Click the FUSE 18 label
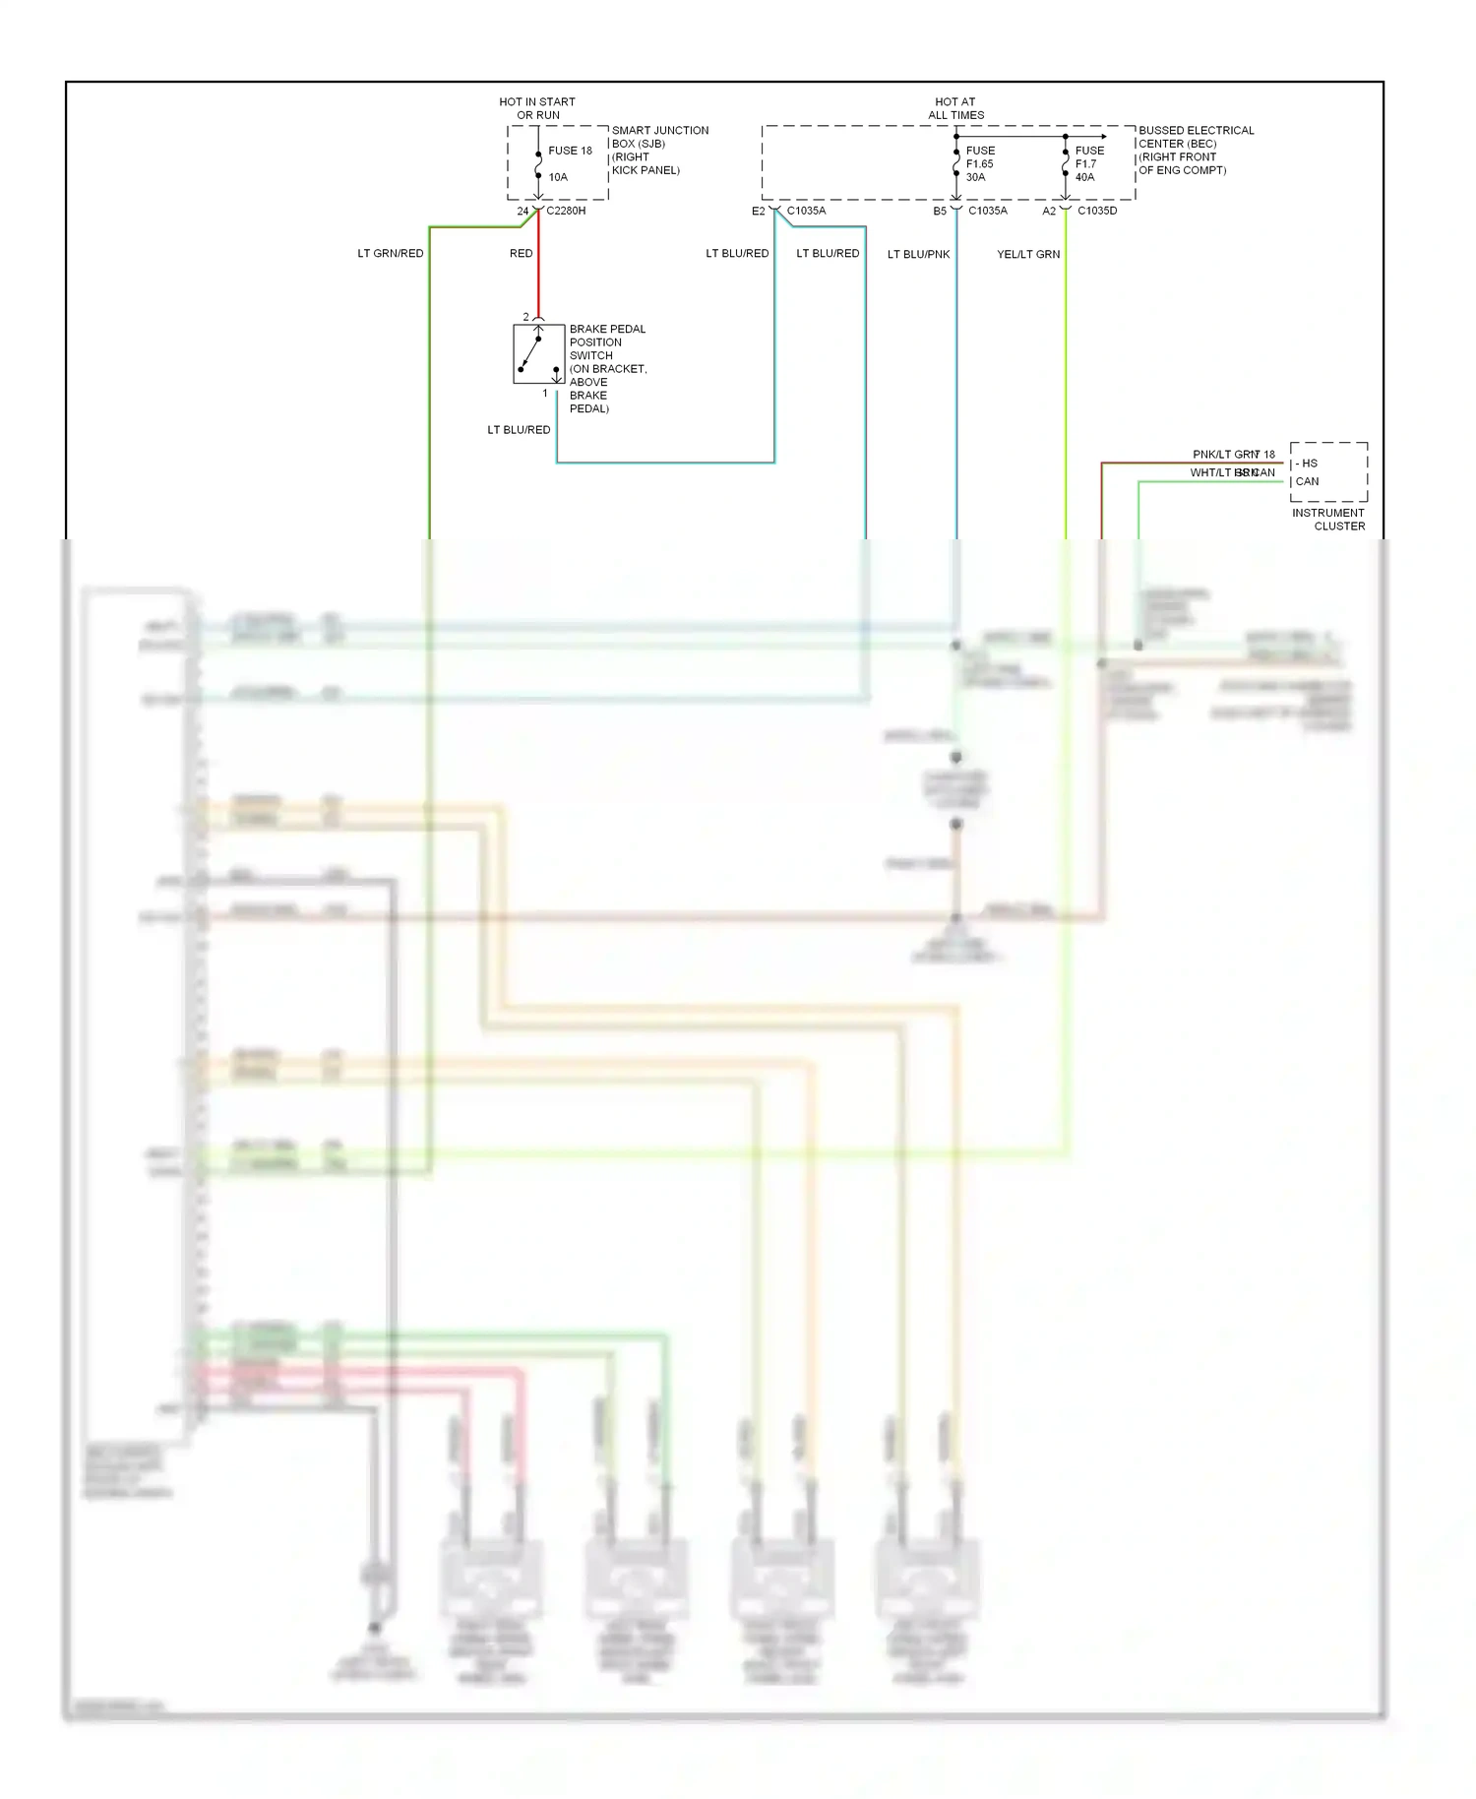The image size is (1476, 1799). (x=570, y=151)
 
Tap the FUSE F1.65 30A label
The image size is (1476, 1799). (x=979, y=163)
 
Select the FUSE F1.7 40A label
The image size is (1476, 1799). (x=1088, y=163)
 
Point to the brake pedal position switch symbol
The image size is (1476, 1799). (x=538, y=353)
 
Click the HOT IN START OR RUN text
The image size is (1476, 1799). (x=537, y=108)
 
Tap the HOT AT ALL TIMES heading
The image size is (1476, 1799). (x=955, y=108)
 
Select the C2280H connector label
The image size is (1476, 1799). (x=566, y=211)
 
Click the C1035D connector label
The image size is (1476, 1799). (x=1097, y=211)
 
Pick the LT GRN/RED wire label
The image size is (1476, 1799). (x=391, y=253)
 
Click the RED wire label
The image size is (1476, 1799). (x=521, y=253)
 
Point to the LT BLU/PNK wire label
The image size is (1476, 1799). (x=918, y=254)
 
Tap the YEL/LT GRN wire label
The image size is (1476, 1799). (x=1028, y=254)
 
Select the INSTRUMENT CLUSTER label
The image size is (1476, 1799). (x=1328, y=519)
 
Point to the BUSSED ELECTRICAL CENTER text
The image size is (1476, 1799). (x=1196, y=137)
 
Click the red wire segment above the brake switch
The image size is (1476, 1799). (x=538, y=280)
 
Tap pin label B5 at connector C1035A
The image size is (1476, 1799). (x=940, y=211)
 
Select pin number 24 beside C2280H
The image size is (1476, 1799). (x=523, y=211)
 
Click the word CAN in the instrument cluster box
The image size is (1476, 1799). (x=1307, y=481)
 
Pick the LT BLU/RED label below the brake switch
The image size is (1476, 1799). (x=519, y=430)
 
